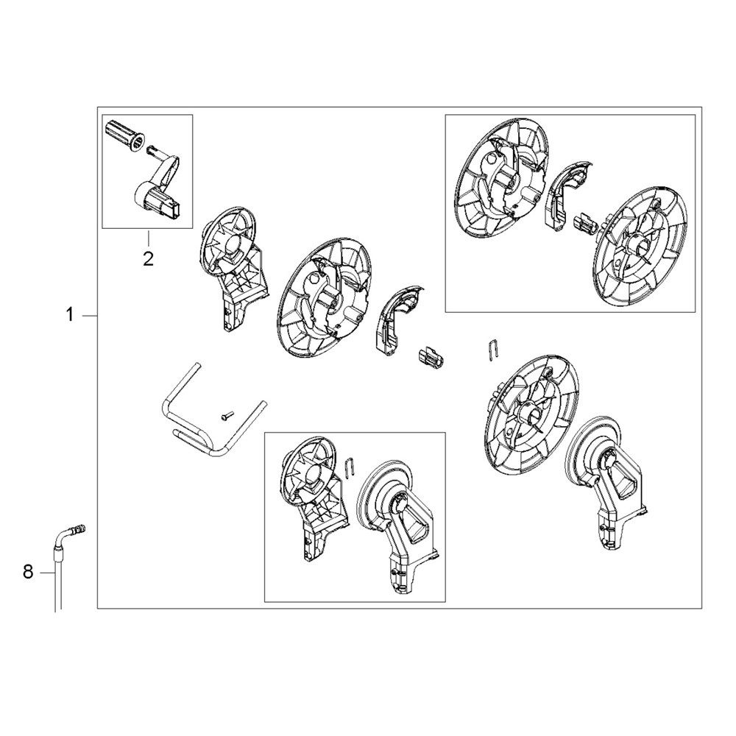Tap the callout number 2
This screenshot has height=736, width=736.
[148, 258]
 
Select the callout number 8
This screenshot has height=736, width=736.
[28, 571]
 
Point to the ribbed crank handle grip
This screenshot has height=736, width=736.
[122, 132]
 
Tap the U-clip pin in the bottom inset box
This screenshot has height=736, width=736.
[350, 469]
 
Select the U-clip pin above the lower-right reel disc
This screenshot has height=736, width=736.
[495, 349]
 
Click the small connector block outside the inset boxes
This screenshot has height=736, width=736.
[430, 358]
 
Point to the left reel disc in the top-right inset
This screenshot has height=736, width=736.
[500, 184]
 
